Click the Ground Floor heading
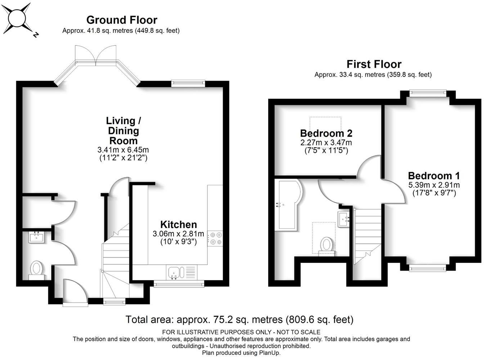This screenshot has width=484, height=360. click(x=121, y=20)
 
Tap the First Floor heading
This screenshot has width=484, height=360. click(x=373, y=64)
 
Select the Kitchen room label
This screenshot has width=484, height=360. click(x=178, y=225)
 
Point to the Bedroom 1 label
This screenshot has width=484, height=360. click(x=434, y=176)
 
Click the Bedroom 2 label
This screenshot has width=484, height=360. click(x=326, y=133)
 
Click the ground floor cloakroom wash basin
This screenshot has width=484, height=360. click(x=37, y=237)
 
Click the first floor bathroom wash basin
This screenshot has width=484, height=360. click(x=344, y=218)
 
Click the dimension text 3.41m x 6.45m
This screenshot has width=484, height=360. click(x=123, y=150)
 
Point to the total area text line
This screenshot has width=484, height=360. click(x=239, y=319)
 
